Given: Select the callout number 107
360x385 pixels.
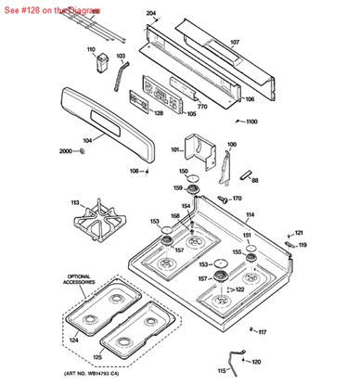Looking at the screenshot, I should [234, 43].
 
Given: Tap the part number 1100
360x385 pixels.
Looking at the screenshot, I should [251, 122].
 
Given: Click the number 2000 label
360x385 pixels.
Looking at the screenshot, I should [65, 150].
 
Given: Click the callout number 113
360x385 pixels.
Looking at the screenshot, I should [75, 201].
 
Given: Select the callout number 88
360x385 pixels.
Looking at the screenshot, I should [255, 180].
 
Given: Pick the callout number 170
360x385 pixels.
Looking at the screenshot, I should [237, 198].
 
